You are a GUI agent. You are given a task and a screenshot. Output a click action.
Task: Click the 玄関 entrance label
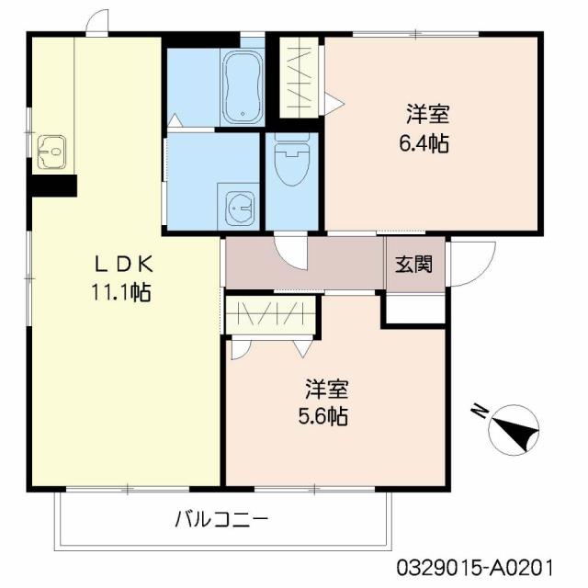click(413, 265)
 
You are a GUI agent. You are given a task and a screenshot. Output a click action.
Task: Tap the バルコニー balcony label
click(221, 519)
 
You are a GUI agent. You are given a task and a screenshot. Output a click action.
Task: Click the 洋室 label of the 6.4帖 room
click(428, 116)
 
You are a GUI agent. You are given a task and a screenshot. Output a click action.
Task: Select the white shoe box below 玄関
click(413, 310)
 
